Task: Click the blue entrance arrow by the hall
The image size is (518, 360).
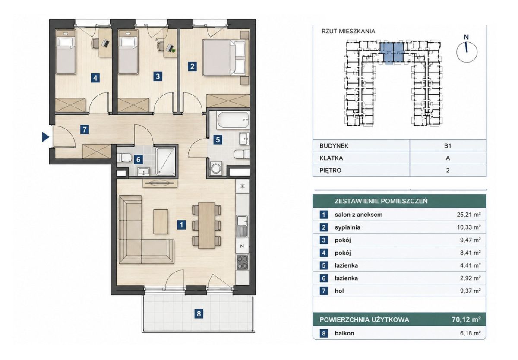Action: [x=45, y=137]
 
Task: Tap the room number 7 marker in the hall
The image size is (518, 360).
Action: [x=85, y=129]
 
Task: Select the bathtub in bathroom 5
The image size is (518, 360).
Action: [x=233, y=120]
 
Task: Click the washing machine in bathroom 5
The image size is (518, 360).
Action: [x=216, y=169]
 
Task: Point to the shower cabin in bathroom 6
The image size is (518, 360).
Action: [x=165, y=161]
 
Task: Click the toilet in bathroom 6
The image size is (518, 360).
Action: [x=123, y=158]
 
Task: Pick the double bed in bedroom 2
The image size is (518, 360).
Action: [x=224, y=57]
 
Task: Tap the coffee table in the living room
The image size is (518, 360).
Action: [x=161, y=221]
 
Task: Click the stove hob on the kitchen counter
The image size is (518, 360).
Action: [x=242, y=262]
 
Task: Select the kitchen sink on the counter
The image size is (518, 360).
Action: [x=242, y=221]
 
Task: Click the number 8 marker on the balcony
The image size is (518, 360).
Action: [x=199, y=314]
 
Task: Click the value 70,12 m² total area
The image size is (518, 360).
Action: [x=466, y=319]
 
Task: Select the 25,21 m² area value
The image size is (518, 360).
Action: [x=469, y=215]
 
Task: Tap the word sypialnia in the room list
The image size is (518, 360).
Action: [x=347, y=227]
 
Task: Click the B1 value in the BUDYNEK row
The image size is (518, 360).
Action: [x=448, y=146]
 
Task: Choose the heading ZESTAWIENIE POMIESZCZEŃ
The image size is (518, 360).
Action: [x=381, y=201]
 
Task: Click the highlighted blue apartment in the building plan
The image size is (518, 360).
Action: [x=392, y=53]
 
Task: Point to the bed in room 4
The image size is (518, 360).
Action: [x=66, y=52]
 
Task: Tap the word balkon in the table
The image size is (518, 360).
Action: [x=344, y=333]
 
